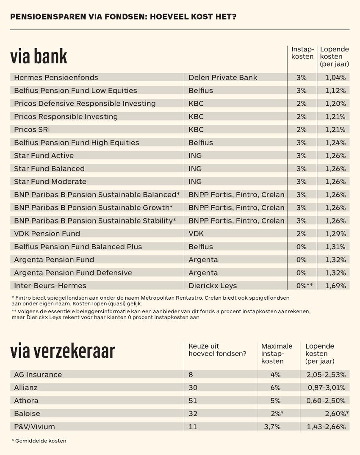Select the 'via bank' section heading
[x=39, y=56]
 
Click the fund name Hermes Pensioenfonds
[x=56, y=77]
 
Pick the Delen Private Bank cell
[x=223, y=77]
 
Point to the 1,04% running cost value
[x=335, y=77]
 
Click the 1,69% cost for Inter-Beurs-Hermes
[x=335, y=286]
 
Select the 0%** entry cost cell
[x=304, y=286]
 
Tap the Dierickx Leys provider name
[x=212, y=286]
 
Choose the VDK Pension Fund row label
[x=47, y=234]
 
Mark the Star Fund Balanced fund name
[x=49, y=168]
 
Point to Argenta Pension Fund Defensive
[x=73, y=273]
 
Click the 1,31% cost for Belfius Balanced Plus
[x=335, y=247]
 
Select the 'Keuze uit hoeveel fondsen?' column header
[x=217, y=350]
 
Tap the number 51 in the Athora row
[x=193, y=400]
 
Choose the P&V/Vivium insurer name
[x=34, y=427]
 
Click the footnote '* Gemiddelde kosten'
[x=39, y=441]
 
